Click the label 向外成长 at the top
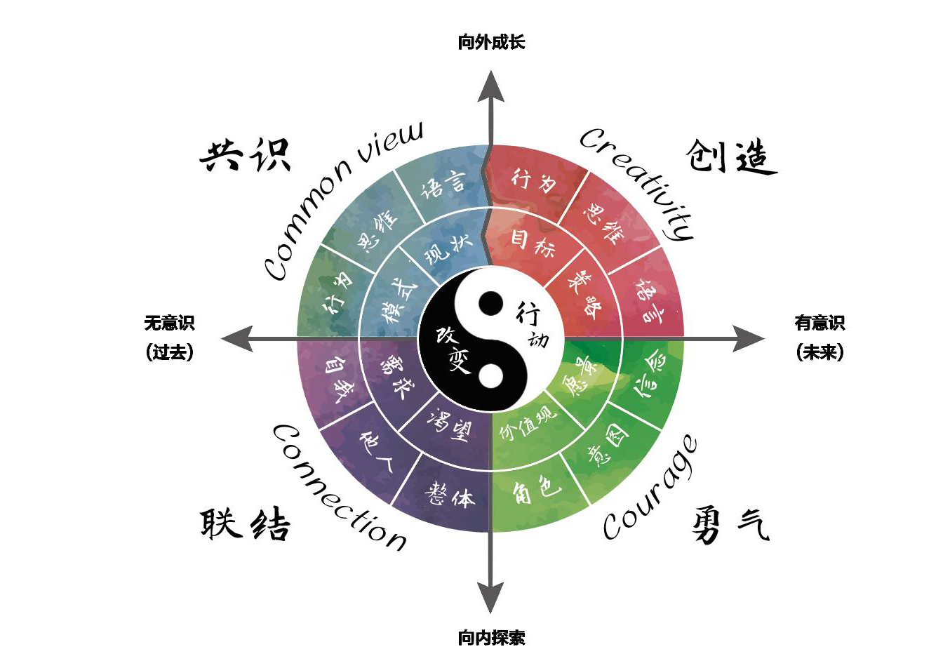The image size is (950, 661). (491, 42)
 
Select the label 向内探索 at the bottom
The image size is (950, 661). (491, 638)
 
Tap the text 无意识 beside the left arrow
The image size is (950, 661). (169, 323)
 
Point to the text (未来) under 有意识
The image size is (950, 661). (819, 352)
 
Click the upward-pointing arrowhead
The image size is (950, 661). (490, 86)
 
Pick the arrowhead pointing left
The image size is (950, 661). (237, 339)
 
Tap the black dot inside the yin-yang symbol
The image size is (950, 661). (490, 303)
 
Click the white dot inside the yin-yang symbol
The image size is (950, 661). (490, 375)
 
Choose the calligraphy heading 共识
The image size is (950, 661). (245, 155)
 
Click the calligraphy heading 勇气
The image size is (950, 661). (730, 526)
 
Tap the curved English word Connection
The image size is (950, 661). (337, 488)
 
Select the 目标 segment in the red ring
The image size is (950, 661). (533, 243)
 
